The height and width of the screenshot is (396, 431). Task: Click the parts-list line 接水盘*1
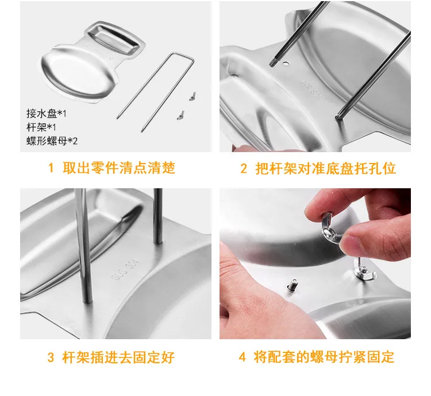pos(47,113)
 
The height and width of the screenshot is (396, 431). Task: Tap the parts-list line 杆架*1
pos(41,127)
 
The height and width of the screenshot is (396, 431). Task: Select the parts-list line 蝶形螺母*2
pos(52,141)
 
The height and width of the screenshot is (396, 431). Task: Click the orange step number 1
pos(51,168)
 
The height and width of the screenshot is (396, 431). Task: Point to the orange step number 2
pos(244,168)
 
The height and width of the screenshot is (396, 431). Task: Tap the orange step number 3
pos(51,358)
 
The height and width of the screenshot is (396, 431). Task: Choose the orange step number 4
pos(242,357)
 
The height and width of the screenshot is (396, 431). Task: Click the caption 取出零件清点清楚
pos(119,168)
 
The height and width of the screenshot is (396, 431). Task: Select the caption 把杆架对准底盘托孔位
pos(326,168)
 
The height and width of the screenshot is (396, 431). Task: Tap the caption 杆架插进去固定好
pos(118,358)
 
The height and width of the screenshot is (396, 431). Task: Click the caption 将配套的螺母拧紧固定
pos(324,357)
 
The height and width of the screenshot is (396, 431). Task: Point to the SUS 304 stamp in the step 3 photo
pos(125,269)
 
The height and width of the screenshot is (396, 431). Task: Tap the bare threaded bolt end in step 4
pos(292,285)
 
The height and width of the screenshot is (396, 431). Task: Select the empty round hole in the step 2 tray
pos(286,64)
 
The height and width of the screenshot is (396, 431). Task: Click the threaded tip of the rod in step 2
pos(272,62)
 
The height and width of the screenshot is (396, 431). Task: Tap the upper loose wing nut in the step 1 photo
pos(193,96)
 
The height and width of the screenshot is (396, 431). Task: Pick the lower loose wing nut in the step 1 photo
pos(180,115)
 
